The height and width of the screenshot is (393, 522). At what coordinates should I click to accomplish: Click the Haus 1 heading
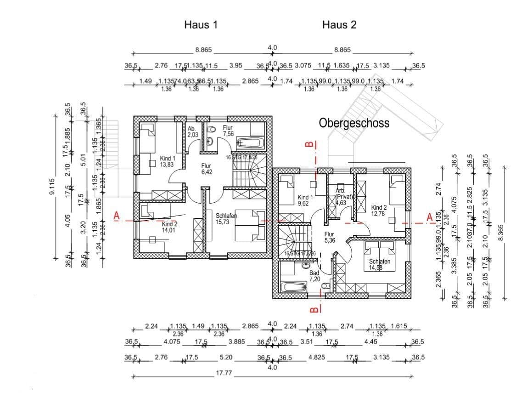(x=201, y=25)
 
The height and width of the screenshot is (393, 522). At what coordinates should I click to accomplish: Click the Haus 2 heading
(x=339, y=25)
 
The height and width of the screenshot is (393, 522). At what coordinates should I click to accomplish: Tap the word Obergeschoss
(x=354, y=123)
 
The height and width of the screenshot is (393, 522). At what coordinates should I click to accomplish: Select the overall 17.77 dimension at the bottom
(x=224, y=373)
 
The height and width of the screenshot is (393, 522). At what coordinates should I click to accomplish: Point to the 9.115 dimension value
(x=52, y=187)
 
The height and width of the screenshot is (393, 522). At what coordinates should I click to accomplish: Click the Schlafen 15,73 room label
(x=226, y=218)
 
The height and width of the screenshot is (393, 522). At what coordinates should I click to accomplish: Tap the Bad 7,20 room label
(x=314, y=276)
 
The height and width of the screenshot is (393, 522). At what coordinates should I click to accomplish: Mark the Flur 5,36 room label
(x=329, y=237)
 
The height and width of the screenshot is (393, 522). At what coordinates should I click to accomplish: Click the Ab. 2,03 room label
(x=193, y=132)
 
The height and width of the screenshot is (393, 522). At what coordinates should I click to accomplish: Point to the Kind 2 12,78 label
(x=379, y=210)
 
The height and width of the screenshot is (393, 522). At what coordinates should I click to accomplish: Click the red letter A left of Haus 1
(x=118, y=216)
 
